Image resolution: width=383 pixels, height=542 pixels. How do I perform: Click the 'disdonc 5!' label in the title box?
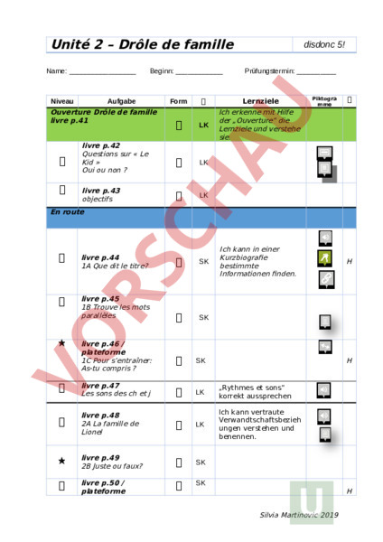(324, 44)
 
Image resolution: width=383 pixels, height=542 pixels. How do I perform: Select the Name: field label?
(56, 70)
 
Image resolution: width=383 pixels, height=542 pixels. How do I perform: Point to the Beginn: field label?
(162, 70)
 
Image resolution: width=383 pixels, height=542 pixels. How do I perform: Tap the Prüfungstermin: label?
(269, 70)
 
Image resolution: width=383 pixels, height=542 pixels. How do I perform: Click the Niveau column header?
(62, 100)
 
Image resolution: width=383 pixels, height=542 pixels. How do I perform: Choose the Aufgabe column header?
(121, 100)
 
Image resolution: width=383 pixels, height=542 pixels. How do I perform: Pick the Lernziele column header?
(260, 100)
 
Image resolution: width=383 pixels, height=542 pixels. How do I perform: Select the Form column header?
(178, 100)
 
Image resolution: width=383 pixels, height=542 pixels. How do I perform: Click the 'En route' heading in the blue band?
(68, 211)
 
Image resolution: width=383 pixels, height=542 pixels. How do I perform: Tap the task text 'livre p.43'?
(100, 191)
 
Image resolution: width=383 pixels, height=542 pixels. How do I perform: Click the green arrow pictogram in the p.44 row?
(325, 258)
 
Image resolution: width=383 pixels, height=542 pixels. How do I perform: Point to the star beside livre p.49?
(61, 461)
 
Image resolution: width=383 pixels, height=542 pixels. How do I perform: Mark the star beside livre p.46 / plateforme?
(61, 344)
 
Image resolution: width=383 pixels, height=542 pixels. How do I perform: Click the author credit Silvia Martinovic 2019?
(298, 514)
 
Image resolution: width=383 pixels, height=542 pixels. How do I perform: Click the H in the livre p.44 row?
(350, 261)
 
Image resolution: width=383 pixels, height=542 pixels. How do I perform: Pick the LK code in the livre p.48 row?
(203, 424)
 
